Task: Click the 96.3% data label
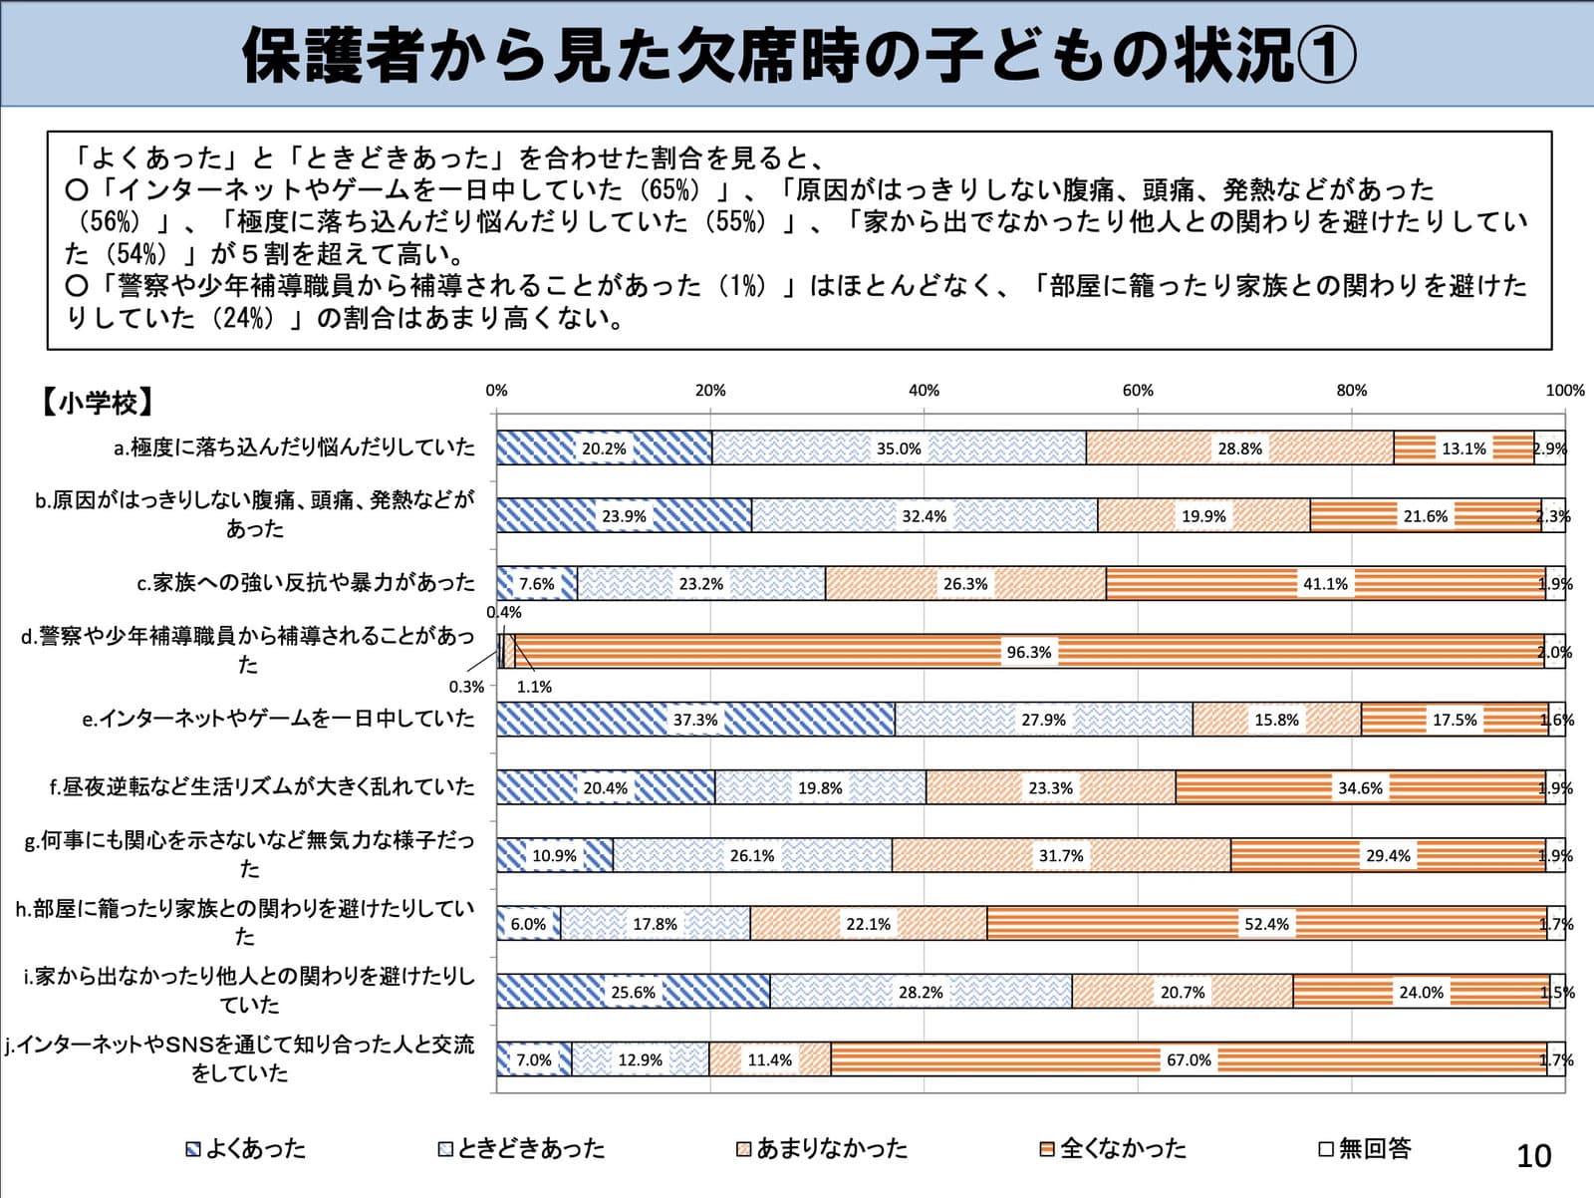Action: click(x=1028, y=652)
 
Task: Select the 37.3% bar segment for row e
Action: click(x=695, y=720)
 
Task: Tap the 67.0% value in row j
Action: click(x=1189, y=1060)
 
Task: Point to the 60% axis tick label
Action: click(x=1138, y=390)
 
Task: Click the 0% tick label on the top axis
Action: click(x=497, y=390)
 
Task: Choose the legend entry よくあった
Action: click(x=246, y=1148)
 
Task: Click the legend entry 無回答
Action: click(x=1365, y=1148)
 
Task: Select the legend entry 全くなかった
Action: click(x=1113, y=1148)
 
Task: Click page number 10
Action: click(x=1533, y=1156)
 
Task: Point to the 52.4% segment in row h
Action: click(x=1266, y=923)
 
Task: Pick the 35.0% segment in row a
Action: click(x=899, y=448)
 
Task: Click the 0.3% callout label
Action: click(x=466, y=687)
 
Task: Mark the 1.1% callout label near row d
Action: click(x=534, y=687)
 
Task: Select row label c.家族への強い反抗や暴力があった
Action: click(x=306, y=583)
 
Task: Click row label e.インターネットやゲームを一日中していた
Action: click(x=279, y=719)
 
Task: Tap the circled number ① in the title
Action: click(x=1326, y=56)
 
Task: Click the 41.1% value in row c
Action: click(x=1325, y=583)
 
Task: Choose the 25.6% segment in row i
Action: click(x=634, y=992)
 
